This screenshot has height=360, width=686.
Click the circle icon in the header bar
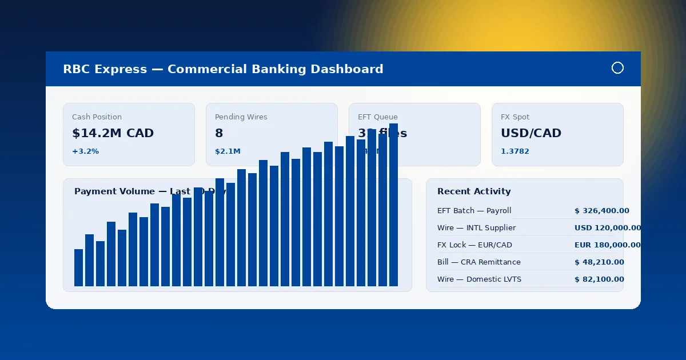point(617,68)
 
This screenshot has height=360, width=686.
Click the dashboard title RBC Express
point(223,69)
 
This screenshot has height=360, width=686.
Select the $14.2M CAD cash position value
point(113,133)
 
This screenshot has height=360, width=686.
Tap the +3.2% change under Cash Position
point(85,151)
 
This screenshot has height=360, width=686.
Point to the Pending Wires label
point(241,117)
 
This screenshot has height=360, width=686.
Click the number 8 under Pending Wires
point(219,133)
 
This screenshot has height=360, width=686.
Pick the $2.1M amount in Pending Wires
point(228,151)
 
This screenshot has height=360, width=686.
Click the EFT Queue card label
point(377,117)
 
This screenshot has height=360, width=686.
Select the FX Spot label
point(515,117)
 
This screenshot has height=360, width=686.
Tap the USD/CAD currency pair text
point(531,133)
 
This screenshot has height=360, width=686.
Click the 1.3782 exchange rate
point(515,151)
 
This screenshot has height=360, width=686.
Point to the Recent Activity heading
point(474,191)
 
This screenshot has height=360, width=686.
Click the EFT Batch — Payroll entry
point(474,211)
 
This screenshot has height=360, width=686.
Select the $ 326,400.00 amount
point(601,211)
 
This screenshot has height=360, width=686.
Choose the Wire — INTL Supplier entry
point(476,228)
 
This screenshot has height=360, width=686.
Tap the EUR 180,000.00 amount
point(607,245)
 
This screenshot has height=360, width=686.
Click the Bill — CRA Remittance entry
point(478,262)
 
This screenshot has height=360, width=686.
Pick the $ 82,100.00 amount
point(599,279)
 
